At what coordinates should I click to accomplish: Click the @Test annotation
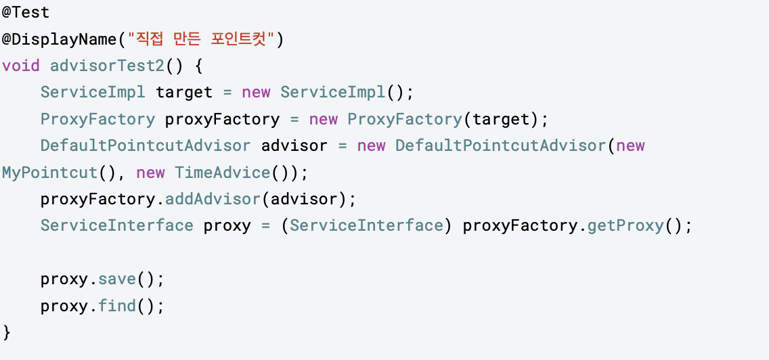[x=26, y=13]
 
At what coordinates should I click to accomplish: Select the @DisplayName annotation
[x=59, y=40]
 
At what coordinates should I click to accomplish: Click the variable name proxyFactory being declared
[x=222, y=120]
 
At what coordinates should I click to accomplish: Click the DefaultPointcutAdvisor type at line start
[x=146, y=146]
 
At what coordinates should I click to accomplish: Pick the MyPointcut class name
[x=49, y=173]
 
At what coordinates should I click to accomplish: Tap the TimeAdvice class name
[x=223, y=173]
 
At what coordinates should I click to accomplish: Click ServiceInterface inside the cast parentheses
[x=366, y=226]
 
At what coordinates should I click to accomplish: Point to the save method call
[x=116, y=279]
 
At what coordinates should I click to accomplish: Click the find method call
[x=116, y=306]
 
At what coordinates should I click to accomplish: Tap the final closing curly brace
[x=7, y=332]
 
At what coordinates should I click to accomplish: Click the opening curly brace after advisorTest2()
[x=198, y=66]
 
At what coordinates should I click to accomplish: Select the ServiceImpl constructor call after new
[x=332, y=93]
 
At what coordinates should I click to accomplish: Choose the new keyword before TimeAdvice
[x=150, y=173]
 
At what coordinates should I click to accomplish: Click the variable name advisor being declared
[x=294, y=146]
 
